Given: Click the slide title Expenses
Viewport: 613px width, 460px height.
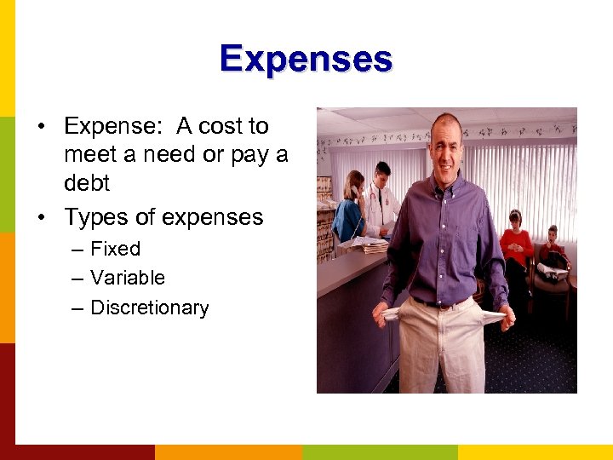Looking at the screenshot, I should (306, 59).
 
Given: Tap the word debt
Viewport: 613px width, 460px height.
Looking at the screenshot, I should (87, 184).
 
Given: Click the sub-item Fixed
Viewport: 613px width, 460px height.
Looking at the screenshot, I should (115, 250).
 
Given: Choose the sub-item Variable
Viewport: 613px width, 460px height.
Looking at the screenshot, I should (127, 278).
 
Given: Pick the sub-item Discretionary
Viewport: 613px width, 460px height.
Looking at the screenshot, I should (149, 308).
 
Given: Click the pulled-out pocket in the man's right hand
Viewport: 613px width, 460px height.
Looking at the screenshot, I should (392, 313).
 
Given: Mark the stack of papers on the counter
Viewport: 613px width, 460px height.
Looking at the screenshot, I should (367, 245).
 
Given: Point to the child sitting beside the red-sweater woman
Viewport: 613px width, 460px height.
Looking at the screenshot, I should (553, 249).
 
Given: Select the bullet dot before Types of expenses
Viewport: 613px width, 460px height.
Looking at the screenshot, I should (41, 218).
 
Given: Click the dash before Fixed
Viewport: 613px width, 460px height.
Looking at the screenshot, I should (77, 250).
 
